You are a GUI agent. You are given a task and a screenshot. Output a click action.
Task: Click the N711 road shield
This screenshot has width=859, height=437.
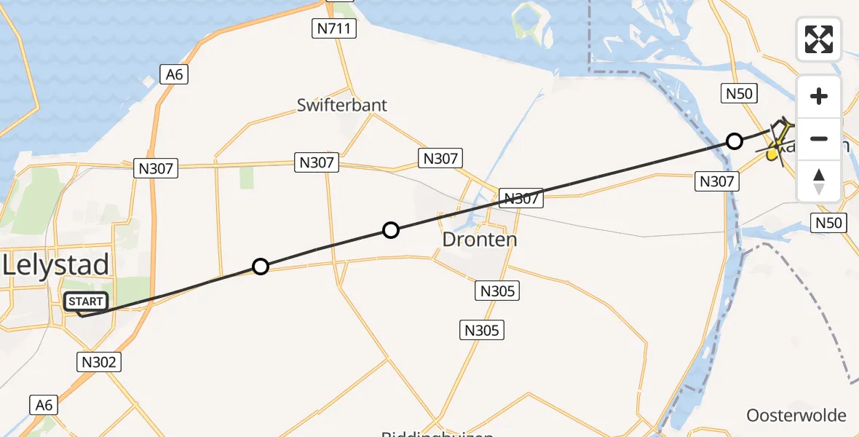(x=333, y=29)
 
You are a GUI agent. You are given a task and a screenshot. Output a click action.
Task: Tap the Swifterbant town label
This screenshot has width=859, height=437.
(x=342, y=105)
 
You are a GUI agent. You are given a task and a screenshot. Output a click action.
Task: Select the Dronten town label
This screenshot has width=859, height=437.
(x=480, y=240)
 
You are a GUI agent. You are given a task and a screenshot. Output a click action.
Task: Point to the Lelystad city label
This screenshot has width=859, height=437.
(x=56, y=264)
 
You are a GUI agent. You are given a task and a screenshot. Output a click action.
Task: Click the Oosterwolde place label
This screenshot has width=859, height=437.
(x=796, y=416)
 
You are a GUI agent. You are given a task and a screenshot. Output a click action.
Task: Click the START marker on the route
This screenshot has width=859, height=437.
(x=86, y=302)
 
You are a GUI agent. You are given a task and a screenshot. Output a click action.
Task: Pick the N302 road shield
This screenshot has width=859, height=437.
(x=98, y=361)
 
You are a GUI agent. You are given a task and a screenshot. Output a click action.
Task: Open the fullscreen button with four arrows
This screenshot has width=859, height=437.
(x=819, y=39)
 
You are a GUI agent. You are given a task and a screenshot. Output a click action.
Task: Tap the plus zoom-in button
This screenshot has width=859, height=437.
(x=819, y=97)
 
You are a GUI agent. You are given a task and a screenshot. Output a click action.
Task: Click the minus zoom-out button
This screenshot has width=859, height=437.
(x=819, y=138)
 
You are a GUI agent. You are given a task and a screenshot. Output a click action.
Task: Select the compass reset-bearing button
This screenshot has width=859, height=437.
(x=819, y=181)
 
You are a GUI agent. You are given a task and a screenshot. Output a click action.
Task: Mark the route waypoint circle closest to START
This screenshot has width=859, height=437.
(x=261, y=267)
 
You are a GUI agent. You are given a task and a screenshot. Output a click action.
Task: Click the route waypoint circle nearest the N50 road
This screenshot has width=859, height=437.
(x=735, y=141)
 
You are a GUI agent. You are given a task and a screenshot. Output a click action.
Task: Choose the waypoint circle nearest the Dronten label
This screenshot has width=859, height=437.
(x=391, y=231)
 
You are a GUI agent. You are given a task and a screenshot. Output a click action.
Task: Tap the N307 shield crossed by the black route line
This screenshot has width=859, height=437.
(x=521, y=197)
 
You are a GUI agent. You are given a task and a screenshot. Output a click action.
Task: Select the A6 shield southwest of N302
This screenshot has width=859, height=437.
(x=44, y=405)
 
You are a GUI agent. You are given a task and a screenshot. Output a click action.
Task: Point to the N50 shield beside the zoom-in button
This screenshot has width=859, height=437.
(x=739, y=93)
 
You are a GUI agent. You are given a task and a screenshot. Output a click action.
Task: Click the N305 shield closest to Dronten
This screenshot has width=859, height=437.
(x=498, y=291)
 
